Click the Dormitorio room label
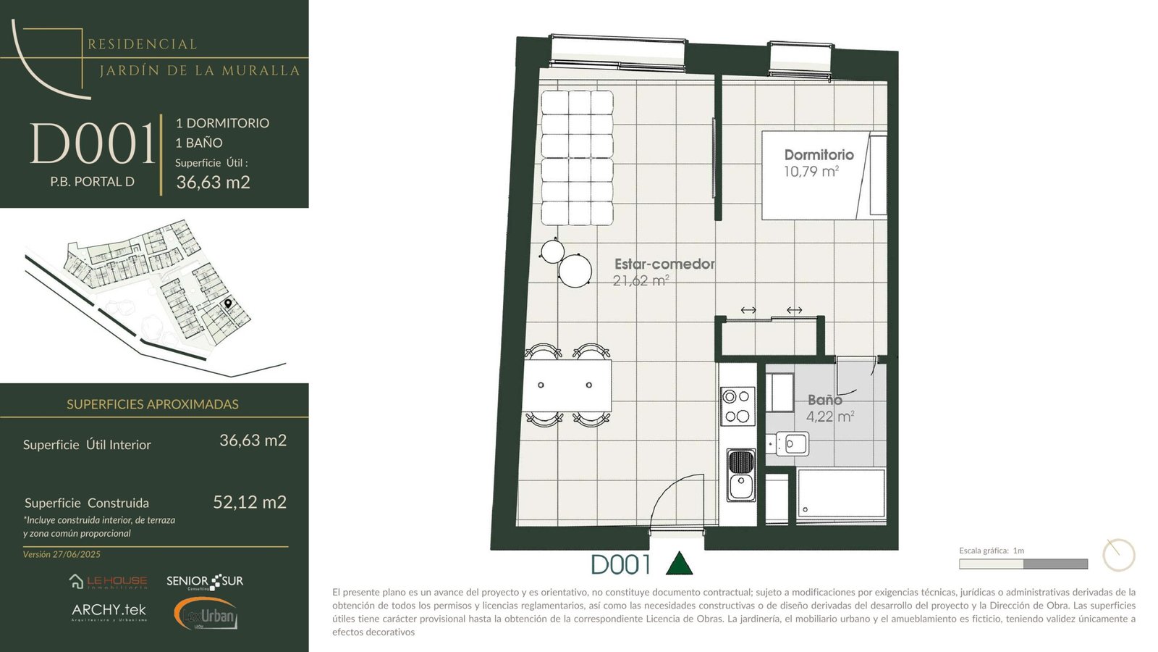point(819,155)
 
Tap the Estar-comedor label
point(665,264)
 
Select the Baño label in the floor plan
point(825,400)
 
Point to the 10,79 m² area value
point(811,171)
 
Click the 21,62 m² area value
point(641,280)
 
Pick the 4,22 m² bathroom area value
point(829,416)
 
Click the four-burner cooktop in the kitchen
point(738,406)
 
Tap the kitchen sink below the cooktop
point(741,475)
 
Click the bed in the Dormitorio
point(824,175)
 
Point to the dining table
point(567,385)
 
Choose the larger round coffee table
point(575,271)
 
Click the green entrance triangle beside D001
point(679,564)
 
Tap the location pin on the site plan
point(228,304)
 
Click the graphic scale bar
point(1023,564)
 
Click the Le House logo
point(108,582)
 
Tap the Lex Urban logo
point(206,614)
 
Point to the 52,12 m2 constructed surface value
point(250,502)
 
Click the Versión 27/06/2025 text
point(62,554)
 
